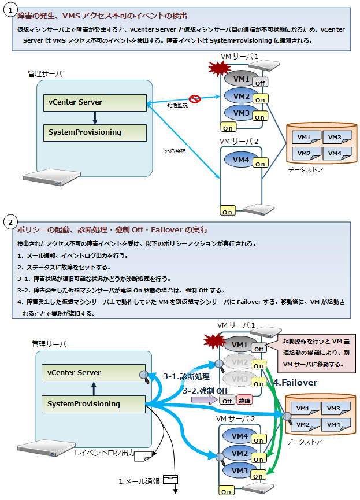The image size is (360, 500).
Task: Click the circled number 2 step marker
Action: pyautogui.click(x=10, y=222)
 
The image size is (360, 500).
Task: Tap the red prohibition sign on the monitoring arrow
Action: pyautogui.click(x=195, y=99)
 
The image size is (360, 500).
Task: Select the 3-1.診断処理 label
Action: pyautogui.click(x=186, y=376)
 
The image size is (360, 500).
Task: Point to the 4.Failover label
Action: pyautogui.click(x=295, y=382)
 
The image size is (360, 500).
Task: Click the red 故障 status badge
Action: pyautogui.click(x=244, y=401)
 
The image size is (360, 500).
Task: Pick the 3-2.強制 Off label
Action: pyautogui.click(x=205, y=391)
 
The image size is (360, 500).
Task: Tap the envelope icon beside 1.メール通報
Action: pyautogui.click(x=170, y=479)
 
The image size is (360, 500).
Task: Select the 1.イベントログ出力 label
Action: pyautogui.click(x=104, y=454)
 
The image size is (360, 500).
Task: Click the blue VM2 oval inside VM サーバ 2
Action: pyautogui.click(x=239, y=454)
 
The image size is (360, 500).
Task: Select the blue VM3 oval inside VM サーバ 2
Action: pyautogui.click(x=239, y=471)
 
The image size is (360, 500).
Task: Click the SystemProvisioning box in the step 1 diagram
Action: pyautogui.click(x=95, y=132)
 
